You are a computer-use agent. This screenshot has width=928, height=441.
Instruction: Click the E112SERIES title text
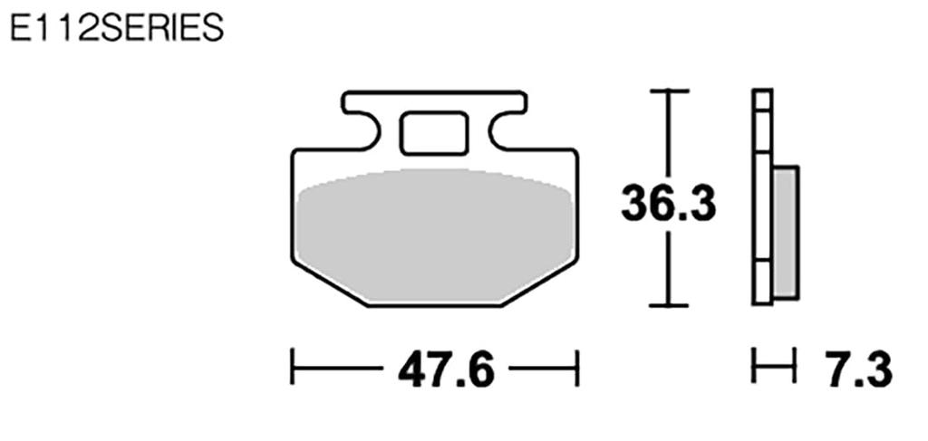click(x=115, y=29)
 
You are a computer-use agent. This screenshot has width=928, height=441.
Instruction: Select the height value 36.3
click(x=668, y=206)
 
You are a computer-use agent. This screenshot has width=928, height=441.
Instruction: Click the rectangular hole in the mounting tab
click(x=432, y=134)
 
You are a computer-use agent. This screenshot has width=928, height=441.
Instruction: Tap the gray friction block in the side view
click(x=785, y=233)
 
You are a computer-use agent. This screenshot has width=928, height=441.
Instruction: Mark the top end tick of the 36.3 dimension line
click(x=669, y=91)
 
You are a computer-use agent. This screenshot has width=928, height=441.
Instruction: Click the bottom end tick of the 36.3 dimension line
click(x=669, y=306)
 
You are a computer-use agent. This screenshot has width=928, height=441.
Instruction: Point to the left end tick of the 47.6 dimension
click(x=292, y=369)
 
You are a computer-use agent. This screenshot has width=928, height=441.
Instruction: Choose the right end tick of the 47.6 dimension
click(x=577, y=369)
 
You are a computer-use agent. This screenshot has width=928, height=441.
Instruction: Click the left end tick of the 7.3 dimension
click(x=754, y=369)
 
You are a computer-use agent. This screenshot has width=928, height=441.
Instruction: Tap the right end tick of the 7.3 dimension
click(x=795, y=369)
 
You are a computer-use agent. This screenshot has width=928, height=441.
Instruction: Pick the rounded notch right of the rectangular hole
click(x=497, y=132)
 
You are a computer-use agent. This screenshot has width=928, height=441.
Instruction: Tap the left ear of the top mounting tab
click(x=356, y=101)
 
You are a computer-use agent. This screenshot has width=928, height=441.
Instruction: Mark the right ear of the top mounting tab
click(x=513, y=101)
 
